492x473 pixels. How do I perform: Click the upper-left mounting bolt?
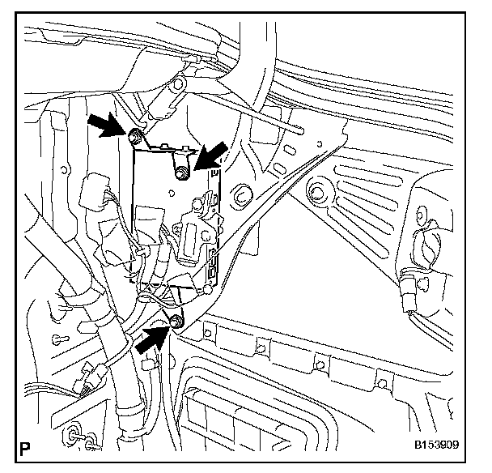click(x=134, y=133)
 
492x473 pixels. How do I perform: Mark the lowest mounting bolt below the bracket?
click(x=176, y=323)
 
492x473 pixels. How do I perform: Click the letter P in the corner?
click(x=27, y=445)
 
